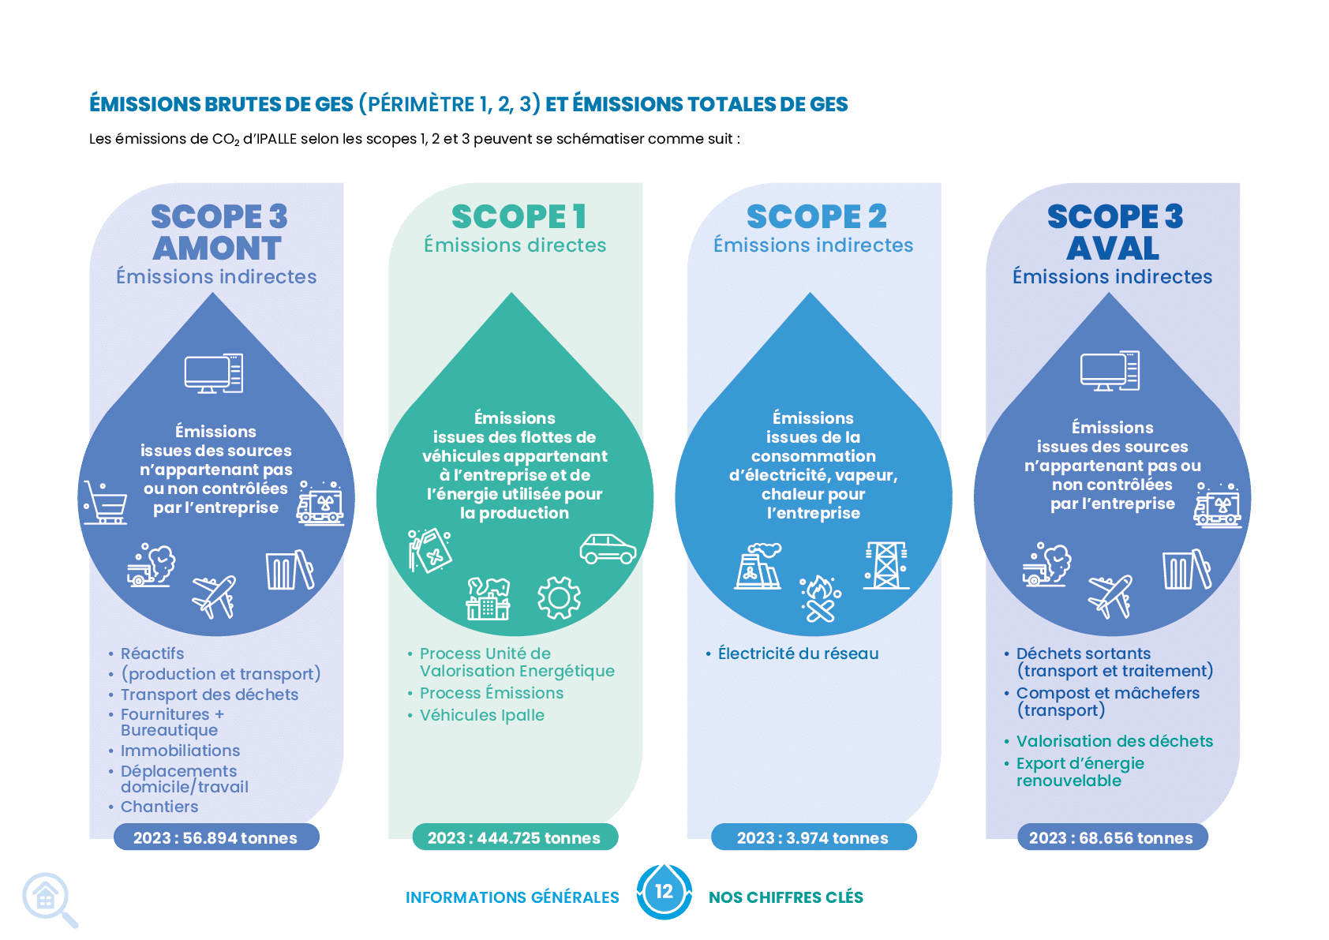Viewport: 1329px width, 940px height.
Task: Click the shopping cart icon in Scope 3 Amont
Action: click(x=105, y=502)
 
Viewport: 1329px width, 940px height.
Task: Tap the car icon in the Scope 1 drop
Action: click(x=608, y=549)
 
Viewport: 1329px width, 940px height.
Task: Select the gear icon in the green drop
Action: click(x=559, y=598)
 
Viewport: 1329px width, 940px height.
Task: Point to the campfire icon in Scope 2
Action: click(x=820, y=599)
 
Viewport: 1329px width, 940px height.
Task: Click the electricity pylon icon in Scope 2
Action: click(x=885, y=565)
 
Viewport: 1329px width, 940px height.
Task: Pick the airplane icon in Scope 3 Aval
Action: click(x=1110, y=597)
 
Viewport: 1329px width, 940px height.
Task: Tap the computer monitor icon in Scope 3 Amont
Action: click(x=214, y=373)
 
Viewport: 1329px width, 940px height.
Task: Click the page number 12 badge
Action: click(x=664, y=892)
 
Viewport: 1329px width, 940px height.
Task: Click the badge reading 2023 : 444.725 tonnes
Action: click(x=515, y=837)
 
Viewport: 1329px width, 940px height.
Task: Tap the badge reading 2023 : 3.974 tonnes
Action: click(x=814, y=837)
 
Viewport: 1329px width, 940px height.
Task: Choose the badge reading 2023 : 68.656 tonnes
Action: click(x=1113, y=837)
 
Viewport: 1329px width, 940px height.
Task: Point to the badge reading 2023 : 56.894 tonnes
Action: click(x=216, y=837)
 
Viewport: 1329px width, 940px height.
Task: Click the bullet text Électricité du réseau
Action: click(x=798, y=654)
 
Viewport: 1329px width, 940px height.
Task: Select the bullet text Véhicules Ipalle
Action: click(x=481, y=715)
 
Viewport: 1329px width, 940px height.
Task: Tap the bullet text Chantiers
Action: click(x=159, y=807)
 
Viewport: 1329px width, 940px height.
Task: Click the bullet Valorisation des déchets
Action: click(x=1114, y=741)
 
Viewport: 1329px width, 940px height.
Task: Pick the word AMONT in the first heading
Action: click(x=217, y=248)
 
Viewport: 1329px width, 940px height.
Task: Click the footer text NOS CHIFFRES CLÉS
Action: click(x=786, y=897)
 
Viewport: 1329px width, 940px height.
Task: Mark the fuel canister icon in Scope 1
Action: click(x=429, y=551)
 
